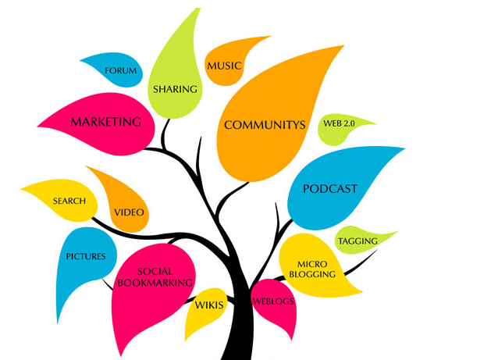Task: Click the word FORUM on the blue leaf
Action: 121,71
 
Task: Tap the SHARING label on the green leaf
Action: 174,89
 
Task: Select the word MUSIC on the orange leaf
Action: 224,66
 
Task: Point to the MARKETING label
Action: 106,122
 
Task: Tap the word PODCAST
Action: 330,188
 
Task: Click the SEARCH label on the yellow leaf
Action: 69,201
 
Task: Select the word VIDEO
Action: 129,212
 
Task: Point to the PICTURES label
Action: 86,256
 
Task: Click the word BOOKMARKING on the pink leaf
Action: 154,282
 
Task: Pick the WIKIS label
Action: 209,304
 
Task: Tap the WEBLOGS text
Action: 272,300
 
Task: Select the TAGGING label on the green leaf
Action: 358,241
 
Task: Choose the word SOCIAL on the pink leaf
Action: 155,271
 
